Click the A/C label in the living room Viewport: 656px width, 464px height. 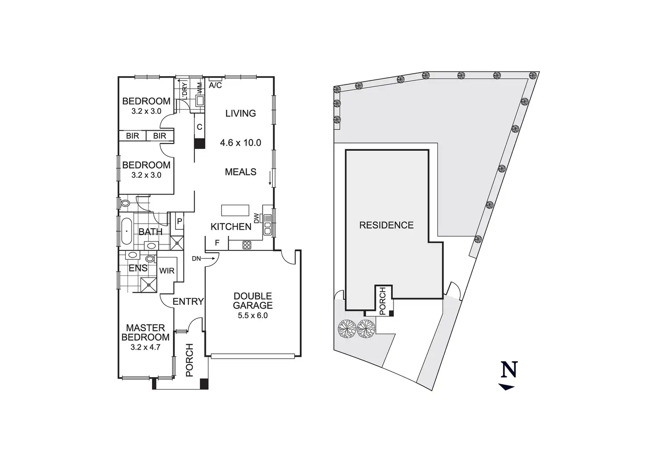(x=215, y=85)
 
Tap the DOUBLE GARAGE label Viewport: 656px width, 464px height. (x=253, y=301)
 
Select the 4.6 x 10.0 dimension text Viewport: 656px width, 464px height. (x=240, y=143)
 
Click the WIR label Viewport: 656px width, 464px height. (x=167, y=271)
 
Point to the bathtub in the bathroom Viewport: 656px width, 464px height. (x=127, y=231)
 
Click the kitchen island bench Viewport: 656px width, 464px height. (x=235, y=210)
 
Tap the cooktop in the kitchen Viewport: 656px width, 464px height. (x=247, y=244)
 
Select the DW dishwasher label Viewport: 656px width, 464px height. (x=256, y=219)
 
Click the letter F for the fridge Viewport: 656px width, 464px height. (x=217, y=243)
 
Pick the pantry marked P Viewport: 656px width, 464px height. (x=179, y=220)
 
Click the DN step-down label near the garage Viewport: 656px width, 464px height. (x=197, y=258)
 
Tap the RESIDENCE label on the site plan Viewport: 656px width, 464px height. (x=386, y=225)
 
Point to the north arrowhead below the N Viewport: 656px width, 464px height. (x=506, y=387)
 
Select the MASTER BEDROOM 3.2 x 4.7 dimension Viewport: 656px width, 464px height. (x=145, y=346)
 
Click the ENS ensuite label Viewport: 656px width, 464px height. (x=138, y=268)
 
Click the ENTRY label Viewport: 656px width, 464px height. (x=188, y=302)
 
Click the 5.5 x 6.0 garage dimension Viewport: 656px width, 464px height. (x=253, y=315)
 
